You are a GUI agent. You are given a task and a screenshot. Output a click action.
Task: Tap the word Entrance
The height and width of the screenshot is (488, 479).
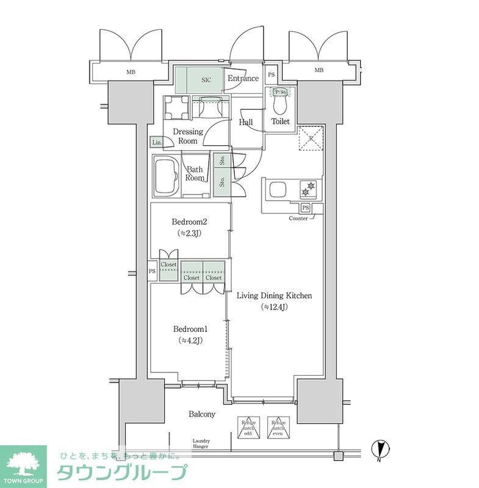[x=243, y=79]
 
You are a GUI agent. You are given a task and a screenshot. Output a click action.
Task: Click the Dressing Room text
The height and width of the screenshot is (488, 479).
[x=187, y=136]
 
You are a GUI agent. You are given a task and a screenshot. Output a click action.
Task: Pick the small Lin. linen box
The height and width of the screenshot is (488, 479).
[x=157, y=142]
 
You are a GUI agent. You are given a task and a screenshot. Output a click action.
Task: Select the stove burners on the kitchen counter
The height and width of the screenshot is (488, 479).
[x=308, y=189]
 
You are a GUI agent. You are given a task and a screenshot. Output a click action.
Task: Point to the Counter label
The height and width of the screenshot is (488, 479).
[x=298, y=218]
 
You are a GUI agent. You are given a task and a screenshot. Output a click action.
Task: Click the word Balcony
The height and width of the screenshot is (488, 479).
[x=201, y=414]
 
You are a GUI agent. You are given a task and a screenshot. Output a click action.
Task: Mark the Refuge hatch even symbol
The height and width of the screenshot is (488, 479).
[x=279, y=427]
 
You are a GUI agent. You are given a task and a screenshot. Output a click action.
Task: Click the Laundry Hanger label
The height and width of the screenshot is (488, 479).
[x=201, y=443]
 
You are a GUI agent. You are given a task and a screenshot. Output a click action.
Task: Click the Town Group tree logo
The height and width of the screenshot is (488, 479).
[x=23, y=464]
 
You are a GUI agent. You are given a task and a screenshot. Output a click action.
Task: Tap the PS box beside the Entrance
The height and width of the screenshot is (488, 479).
[x=271, y=78]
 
